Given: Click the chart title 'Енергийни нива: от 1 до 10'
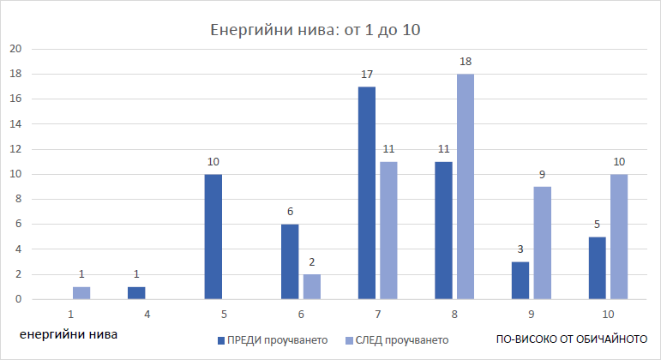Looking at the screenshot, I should [x=315, y=30].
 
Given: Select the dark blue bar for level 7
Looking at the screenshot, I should [x=366, y=193].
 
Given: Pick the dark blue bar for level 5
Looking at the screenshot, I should [x=214, y=237].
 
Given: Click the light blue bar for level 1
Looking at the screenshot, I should [x=81, y=293].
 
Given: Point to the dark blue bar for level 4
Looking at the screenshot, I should [x=137, y=293].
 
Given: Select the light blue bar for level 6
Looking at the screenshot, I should [x=312, y=287].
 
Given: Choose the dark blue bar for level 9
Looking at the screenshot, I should [x=520, y=280].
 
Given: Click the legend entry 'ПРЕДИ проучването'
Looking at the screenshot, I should [x=272, y=339].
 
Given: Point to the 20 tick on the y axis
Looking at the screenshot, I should [x=15, y=49].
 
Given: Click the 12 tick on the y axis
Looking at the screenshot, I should [x=15, y=149].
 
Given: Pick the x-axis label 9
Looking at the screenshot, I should [x=529, y=315].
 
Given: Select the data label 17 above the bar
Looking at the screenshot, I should [x=366, y=75].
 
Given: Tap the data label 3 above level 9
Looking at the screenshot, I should [x=520, y=250].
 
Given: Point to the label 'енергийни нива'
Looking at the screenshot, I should [x=69, y=333].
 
